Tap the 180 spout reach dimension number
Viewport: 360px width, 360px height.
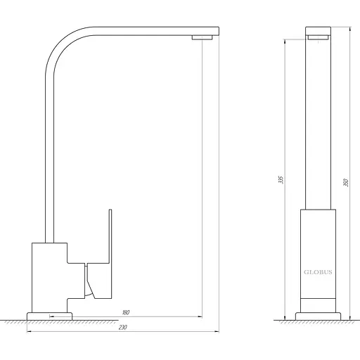(x=126, y=312)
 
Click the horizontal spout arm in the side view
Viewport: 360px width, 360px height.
(x=141, y=31)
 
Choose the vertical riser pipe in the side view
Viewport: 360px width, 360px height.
(x=47, y=155)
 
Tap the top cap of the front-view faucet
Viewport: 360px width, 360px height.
(x=319, y=31)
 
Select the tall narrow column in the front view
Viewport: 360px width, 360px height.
(x=319, y=127)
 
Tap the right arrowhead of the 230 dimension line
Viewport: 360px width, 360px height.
(x=217, y=331)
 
